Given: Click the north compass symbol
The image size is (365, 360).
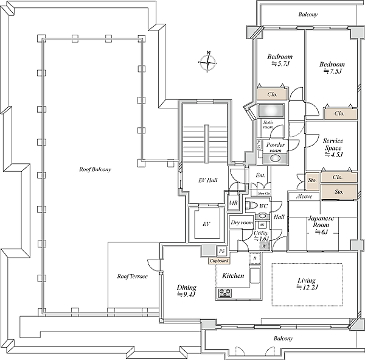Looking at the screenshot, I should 208,62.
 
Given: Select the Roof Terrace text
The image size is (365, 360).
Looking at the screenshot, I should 132,276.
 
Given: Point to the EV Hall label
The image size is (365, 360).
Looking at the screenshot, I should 208,180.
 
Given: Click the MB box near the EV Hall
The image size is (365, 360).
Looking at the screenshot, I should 233,203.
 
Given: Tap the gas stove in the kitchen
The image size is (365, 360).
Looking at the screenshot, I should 224,293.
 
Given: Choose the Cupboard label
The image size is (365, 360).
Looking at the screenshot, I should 218,261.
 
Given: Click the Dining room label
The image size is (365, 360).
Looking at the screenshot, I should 186,290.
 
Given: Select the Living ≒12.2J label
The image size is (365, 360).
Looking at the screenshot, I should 308,284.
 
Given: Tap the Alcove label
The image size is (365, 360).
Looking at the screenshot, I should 304,197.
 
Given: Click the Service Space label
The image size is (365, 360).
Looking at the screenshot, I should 333,147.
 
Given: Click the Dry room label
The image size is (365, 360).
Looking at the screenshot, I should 242,222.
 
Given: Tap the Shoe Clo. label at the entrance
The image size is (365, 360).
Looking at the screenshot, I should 263,193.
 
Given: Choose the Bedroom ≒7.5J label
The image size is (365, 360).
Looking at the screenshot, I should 332,67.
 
